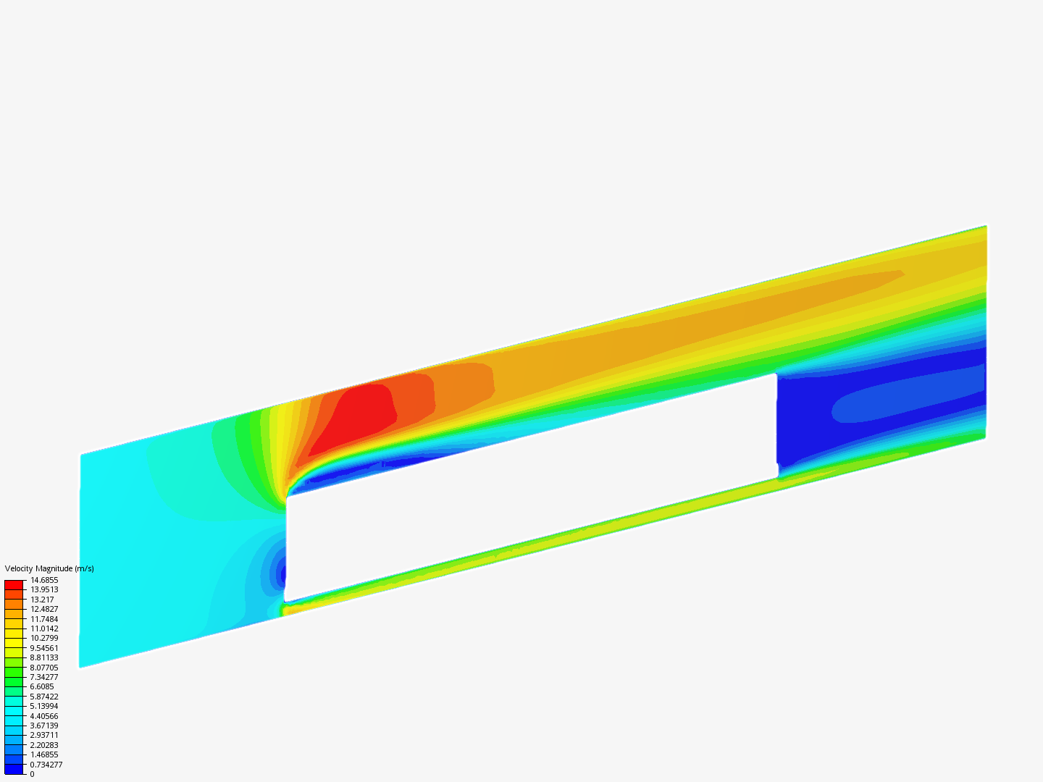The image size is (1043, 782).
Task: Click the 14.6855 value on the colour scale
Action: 44,580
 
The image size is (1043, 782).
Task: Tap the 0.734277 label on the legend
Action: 46,765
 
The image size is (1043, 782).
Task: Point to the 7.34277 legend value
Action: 44,677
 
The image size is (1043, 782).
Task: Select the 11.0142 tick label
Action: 44,628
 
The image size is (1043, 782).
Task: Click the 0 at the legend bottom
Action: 33,774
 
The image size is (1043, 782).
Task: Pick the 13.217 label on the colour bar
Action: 42,600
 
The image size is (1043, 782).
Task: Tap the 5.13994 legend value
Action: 44,706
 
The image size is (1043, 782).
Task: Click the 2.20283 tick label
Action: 44,745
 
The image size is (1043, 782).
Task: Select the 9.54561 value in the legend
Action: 44,648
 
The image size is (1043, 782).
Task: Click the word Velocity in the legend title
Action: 19,569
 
